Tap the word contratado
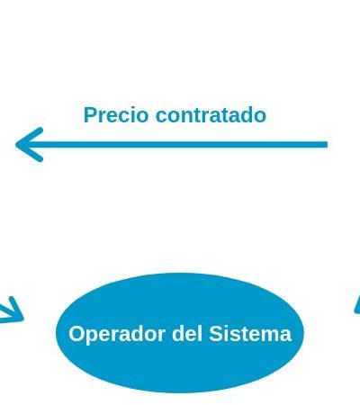211,115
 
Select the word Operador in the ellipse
117,334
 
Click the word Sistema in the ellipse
250,334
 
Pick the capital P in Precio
90,115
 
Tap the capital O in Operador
76,334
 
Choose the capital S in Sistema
216,334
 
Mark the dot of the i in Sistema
228,327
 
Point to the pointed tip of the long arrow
16,145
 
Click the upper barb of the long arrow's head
30,137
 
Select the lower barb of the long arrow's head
30,153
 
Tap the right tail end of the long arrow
327,145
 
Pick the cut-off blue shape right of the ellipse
357,304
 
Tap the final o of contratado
260,117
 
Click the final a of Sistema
285,336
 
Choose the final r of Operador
161,336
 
